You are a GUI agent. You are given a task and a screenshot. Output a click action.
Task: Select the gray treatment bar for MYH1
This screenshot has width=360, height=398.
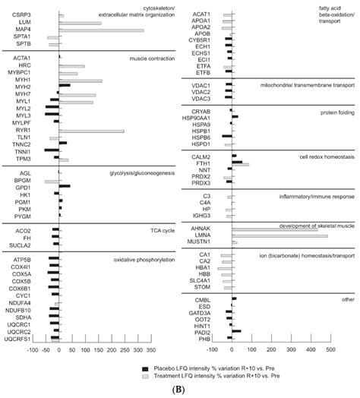(91, 81)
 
